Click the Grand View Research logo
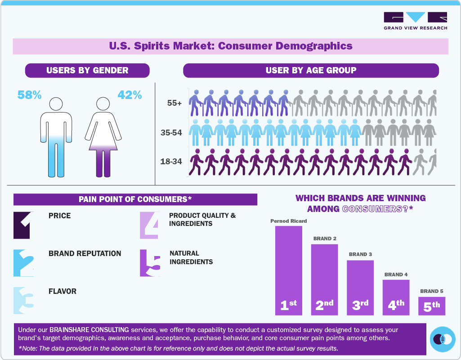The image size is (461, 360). click(415, 21)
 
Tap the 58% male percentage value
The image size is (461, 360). click(29, 95)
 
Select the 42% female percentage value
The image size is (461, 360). click(130, 95)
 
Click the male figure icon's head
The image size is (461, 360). click(56, 104)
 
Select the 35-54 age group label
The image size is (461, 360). click(171, 133)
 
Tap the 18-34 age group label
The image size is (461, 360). click(171, 161)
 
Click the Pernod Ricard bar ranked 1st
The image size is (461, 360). click(288, 270)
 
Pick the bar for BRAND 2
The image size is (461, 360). click(324, 279)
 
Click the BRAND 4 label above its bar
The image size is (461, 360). click(396, 274)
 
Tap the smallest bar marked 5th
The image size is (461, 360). click(431, 306)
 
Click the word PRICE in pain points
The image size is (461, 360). click(59, 216)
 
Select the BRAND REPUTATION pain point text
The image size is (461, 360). click(85, 254)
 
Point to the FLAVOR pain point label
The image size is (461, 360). click(63, 292)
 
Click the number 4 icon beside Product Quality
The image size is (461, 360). click(149, 225)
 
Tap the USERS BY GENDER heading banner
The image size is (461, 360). click(87, 71)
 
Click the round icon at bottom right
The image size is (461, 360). click(443, 339)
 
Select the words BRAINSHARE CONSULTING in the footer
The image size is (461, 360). click(89, 330)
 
